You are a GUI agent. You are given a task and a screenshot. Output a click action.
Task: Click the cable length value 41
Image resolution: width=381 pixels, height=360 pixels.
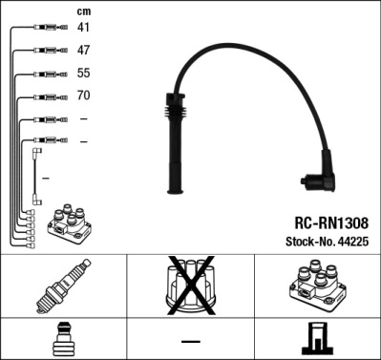click(x=83, y=28)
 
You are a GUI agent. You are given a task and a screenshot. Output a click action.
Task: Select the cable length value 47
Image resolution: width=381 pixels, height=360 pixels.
click(x=83, y=50)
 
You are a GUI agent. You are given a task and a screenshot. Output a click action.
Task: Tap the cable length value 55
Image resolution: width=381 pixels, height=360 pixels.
click(x=83, y=73)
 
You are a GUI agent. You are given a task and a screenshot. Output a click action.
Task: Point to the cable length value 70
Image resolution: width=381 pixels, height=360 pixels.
click(x=83, y=95)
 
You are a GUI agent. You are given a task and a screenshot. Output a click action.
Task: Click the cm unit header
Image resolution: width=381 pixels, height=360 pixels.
click(x=83, y=11)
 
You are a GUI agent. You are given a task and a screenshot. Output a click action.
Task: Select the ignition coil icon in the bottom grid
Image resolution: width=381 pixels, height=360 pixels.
click(x=316, y=287)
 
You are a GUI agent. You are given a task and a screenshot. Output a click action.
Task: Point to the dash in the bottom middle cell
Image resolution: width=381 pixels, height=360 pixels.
click(x=191, y=340)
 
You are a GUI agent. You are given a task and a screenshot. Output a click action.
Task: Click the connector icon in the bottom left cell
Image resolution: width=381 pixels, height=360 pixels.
click(x=63, y=340)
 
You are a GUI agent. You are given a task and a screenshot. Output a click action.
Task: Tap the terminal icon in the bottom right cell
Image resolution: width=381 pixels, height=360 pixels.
click(x=315, y=340)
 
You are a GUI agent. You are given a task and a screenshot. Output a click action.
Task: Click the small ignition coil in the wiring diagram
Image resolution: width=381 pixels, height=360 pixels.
click(x=68, y=222)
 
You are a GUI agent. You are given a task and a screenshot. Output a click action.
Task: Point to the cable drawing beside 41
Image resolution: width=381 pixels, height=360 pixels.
click(x=49, y=28)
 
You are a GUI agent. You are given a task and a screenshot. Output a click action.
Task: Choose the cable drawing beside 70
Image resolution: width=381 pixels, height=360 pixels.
click(x=49, y=95)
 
